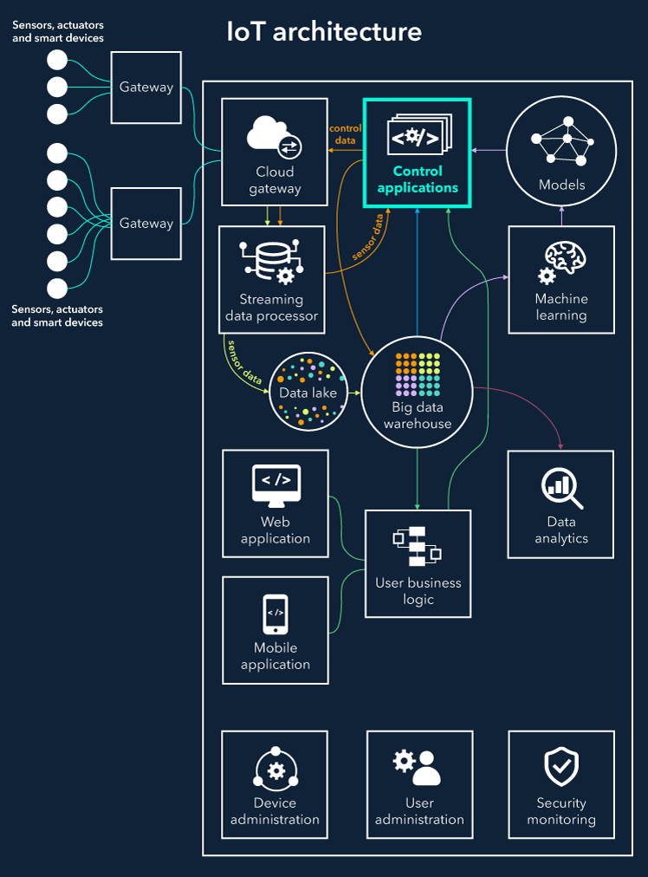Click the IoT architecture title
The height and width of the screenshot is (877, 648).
[324, 32]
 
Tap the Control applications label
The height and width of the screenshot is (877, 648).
[418, 179]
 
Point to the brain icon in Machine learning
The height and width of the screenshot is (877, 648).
[562, 263]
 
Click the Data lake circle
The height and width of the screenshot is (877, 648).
[308, 392]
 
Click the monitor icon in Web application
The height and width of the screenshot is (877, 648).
[276, 485]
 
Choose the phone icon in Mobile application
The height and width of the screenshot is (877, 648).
[275, 614]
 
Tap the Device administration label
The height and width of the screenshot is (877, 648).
[275, 811]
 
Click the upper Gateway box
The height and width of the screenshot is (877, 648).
[146, 88]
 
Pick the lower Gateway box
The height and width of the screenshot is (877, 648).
[146, 224]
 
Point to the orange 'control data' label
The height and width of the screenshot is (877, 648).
[345, 133]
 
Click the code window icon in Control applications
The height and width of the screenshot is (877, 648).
[418, 136]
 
